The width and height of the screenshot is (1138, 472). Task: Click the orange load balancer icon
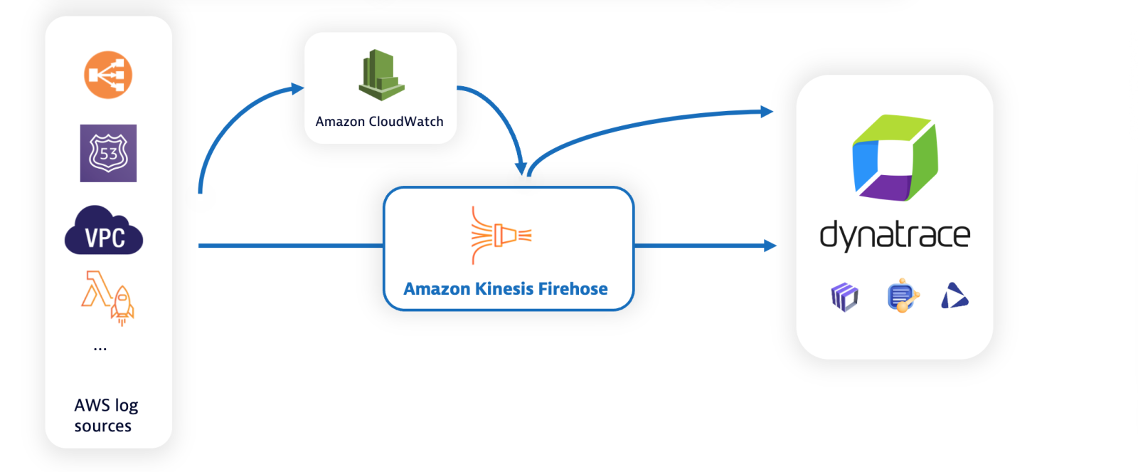click(108, 75)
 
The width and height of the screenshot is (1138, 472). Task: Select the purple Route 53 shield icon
click(108, 153)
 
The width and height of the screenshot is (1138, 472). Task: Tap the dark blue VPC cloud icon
click(104, 231)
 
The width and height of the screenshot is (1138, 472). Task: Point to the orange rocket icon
click(122, 303)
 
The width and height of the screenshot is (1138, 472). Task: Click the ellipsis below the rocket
click(100, 349)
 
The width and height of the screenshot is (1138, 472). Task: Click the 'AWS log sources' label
click(105, 415)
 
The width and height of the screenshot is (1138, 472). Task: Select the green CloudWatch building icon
click(381, 75)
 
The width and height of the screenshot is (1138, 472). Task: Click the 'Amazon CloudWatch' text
click(379, 122)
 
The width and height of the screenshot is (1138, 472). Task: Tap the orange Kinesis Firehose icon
click(501, 235)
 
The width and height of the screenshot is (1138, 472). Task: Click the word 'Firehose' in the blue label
click(573, 289)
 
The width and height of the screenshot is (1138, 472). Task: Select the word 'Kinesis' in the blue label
click(504, 289)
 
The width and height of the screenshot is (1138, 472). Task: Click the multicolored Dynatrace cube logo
click(895, 158)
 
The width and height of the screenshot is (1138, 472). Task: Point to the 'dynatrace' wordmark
click(895, 235)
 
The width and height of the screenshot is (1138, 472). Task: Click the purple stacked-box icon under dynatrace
click(844, 297)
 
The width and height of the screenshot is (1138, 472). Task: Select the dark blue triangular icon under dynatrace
click(954, 296)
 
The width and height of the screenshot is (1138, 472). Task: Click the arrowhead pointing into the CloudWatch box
click(298, 89)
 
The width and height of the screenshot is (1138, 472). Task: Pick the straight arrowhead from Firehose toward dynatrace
click(770, 246)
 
